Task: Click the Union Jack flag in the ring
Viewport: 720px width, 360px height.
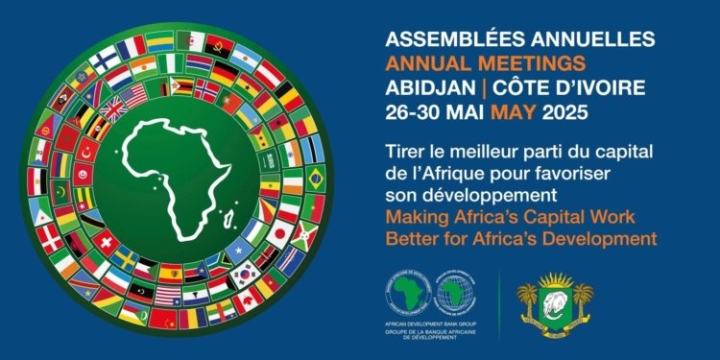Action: [x=114, y=109]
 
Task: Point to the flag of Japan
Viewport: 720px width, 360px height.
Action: [x=280, y=233]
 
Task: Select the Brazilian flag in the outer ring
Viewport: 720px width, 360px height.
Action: [x=314, y=177]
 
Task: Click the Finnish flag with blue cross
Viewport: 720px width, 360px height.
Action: [x=105, y=60]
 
